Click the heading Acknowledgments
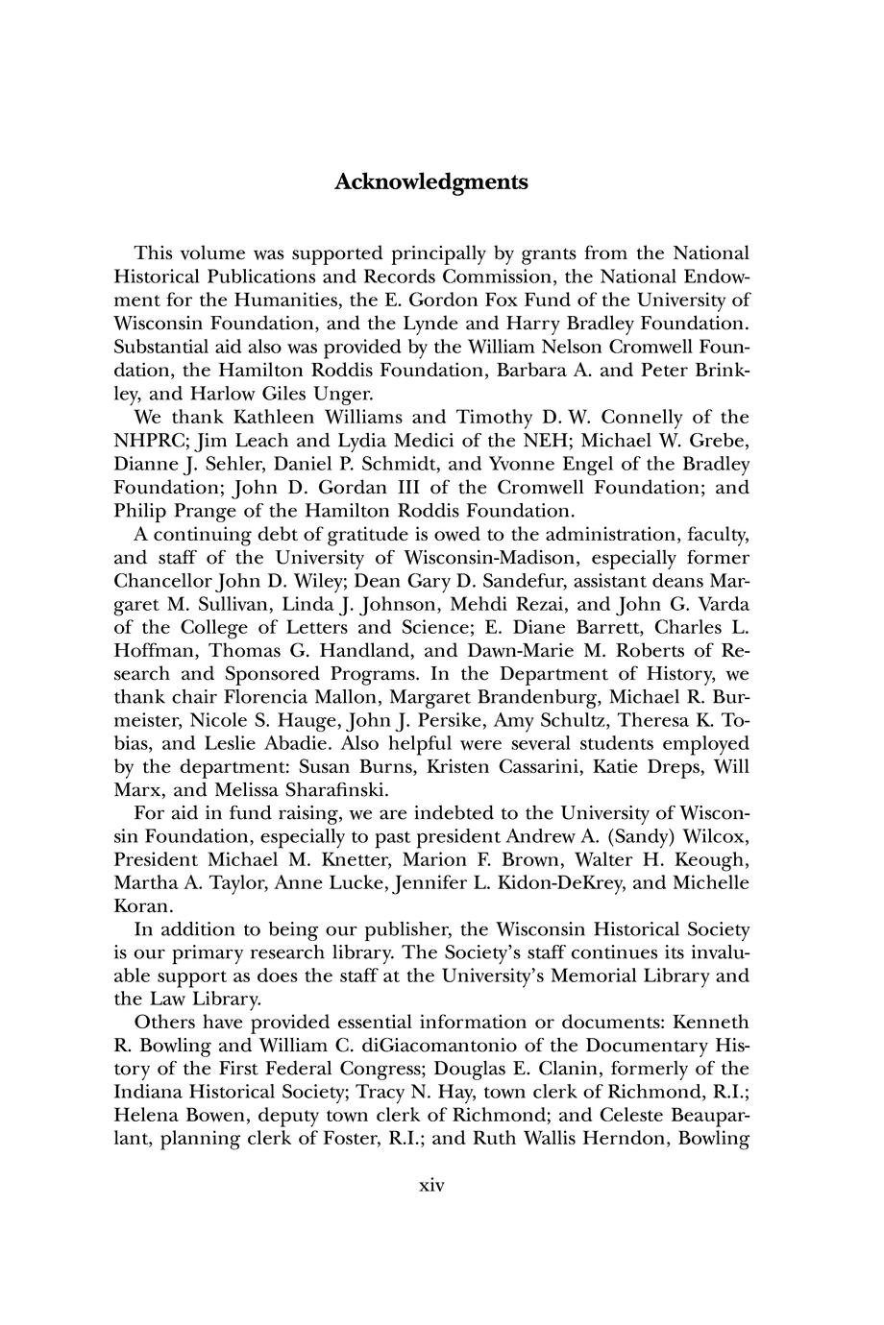[x=431, y=181]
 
